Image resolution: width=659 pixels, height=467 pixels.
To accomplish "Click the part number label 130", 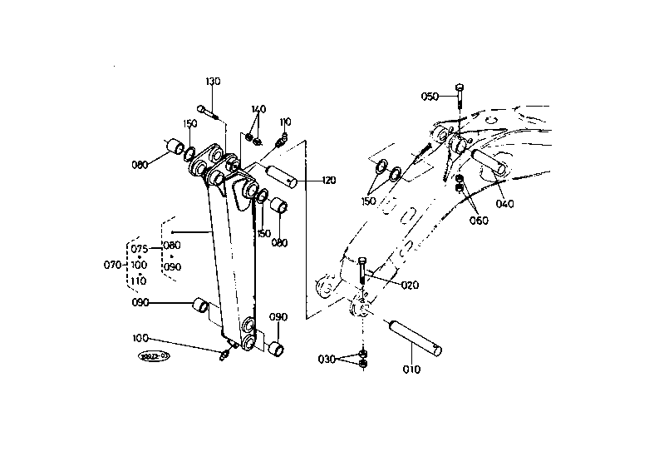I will tap(214, 82).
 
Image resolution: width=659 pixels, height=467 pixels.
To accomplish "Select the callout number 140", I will tap(258, 109).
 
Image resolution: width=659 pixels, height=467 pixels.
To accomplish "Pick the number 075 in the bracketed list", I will tap(139, 249).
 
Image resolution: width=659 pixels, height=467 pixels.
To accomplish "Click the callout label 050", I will tap(430, 97).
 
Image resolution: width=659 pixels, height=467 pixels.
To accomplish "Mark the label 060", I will tap(479, 221).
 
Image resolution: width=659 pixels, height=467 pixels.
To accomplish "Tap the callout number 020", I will tap(409, 286).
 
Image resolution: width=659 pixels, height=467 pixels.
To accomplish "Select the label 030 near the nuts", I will tap(327, 359).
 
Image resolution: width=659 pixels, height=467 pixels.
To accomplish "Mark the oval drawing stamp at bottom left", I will tap(154, 356).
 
